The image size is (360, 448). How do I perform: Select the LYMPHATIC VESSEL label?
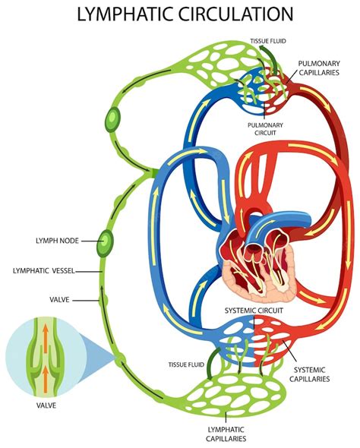click(x=50, y=270)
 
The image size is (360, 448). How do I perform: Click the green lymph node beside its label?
click(x=106, y=242)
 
